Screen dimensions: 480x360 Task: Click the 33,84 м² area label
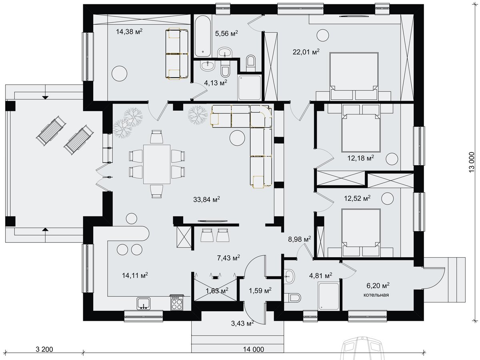click(x=206, y=199)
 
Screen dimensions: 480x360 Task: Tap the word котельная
click(x=376, y=295)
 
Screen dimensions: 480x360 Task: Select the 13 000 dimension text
click(x=472, y=162)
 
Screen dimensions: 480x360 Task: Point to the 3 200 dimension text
click(x=44, y=349)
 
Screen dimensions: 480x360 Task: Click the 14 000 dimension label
click(x=254, y=349)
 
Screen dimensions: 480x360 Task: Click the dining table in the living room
click(x=157, y=164)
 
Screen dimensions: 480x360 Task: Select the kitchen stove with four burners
click(x=176, y=303)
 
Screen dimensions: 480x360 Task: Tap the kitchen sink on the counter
click(x=144, y=304)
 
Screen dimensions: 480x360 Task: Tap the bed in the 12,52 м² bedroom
click(x=361, y=233)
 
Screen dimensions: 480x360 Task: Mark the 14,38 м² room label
click(x=129, y=32)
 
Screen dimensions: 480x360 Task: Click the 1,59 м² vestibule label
click(x=260, y=290)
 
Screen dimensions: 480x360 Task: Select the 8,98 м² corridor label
click(x=299, y=239)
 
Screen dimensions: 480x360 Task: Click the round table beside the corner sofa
click(x=237, y=138)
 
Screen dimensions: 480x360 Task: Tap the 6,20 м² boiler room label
click(x=378, y=286)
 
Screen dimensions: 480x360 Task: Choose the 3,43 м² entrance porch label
click(x=242, y=323)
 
